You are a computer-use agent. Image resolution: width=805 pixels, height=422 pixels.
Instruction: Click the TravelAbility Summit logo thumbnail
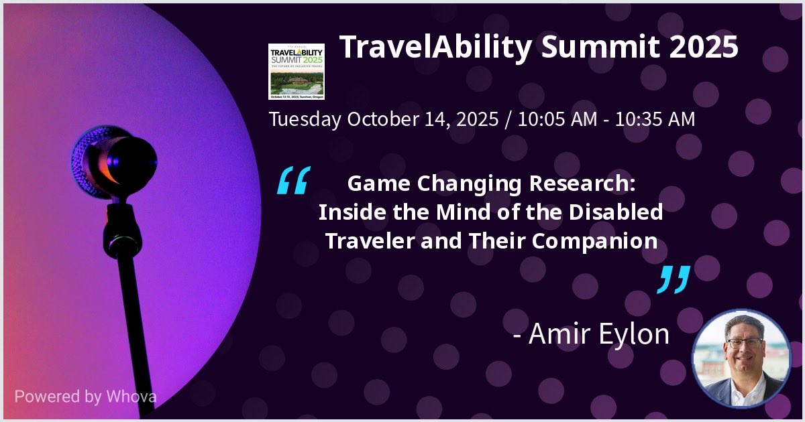(x=297, y=71)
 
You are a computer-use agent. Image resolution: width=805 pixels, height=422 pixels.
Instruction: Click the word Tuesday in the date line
(x=305, y=120)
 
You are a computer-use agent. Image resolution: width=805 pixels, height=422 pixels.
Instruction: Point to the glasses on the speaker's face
(x=744, y=342)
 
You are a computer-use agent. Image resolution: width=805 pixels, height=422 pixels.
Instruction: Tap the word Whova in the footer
(x=131, y=396)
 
